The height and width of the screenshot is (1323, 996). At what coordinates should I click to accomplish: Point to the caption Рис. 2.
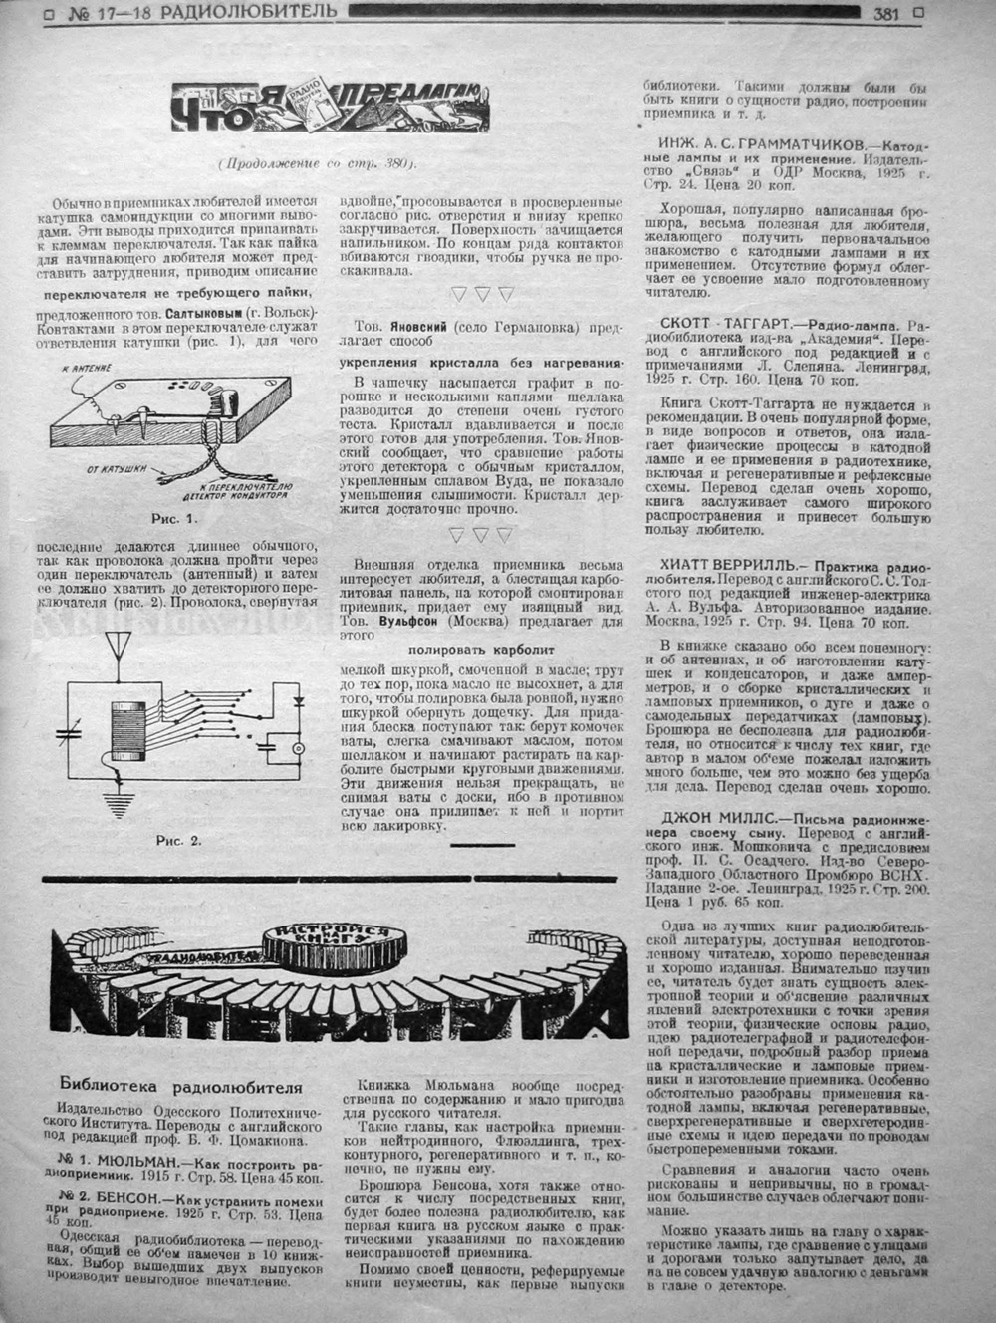tap(178, 840)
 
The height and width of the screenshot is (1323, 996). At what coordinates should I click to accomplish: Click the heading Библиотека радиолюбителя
tap(180, 1088)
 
